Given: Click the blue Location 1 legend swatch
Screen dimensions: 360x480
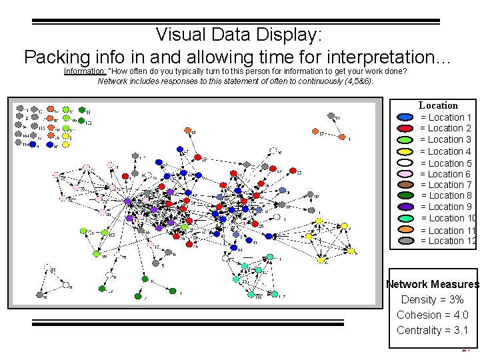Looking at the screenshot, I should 405,117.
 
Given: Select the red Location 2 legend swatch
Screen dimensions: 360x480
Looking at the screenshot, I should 405,128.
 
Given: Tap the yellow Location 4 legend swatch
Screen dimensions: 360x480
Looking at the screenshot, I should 405,151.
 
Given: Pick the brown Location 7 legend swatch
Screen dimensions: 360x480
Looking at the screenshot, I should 405,185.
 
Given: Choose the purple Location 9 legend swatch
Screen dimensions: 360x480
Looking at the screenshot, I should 405,207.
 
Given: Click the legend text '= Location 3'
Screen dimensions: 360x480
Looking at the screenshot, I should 445,139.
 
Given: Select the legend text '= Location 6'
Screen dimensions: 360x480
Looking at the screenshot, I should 445,174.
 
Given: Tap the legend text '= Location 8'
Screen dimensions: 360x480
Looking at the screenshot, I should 446,195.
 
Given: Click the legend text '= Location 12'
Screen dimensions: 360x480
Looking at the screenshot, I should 448,241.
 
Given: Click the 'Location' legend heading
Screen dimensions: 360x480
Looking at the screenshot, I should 438,105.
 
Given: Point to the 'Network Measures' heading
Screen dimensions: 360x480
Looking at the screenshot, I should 433,285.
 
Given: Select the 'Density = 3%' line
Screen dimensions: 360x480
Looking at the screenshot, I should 432,300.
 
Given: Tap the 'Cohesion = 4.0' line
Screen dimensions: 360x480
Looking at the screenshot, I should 432,315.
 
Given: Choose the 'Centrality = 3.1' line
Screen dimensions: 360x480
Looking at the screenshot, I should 432,330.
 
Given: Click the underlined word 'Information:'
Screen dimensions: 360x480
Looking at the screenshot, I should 85,71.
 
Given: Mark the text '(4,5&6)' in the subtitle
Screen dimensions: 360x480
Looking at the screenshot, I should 357,81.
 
